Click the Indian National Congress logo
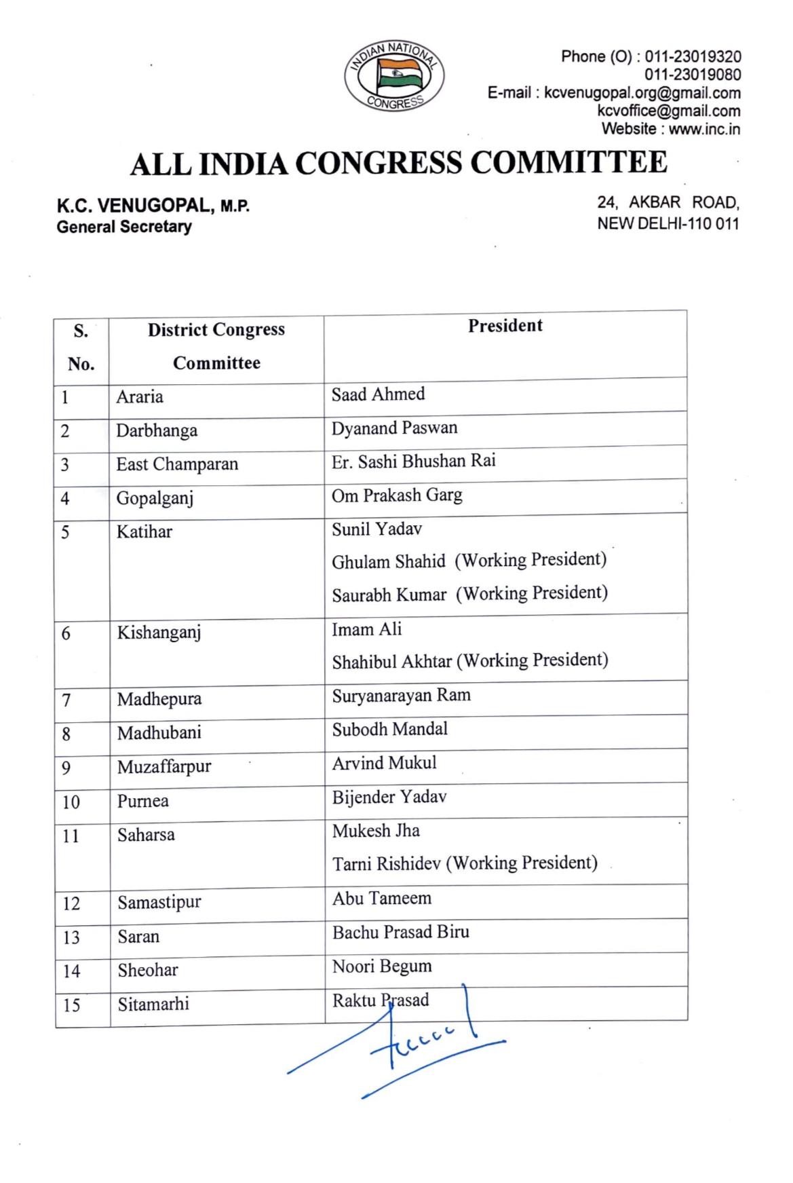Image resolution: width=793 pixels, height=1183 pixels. [x=394, y=76]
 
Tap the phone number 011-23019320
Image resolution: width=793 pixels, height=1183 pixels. [x=693, y=56]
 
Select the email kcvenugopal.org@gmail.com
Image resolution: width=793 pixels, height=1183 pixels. [x=642, y=93]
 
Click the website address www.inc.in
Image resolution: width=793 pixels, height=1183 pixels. [x=704, y=129]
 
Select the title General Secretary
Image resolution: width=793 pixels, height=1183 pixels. [x=123, y=227]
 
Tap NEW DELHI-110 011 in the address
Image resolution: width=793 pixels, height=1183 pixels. [x=668, y=223]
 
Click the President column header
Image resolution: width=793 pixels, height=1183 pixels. [x=505, y=326]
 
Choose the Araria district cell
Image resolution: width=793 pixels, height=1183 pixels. [x=140, y=396]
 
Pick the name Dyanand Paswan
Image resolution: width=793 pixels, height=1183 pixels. [x=394, y=428]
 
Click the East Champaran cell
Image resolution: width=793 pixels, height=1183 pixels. [x=177, y=464]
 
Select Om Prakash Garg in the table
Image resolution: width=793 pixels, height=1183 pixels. [x=397, y=495]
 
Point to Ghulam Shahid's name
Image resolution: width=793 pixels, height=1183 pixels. [x=388, y=562]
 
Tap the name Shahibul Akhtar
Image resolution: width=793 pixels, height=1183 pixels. [x=391, y=661]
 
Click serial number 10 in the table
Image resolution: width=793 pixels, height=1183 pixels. [x=71, y=802]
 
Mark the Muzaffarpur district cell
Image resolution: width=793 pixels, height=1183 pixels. [x=164, y=767]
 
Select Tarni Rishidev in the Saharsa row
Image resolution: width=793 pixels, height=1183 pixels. [x=389, y=864]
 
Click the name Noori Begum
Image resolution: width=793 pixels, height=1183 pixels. [x=382, y=966]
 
